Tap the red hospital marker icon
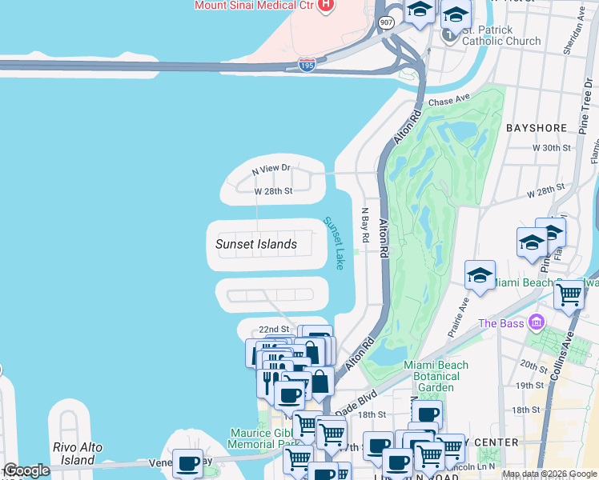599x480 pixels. (325, 6)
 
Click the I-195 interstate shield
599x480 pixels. (307, 65)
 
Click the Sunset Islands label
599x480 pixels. (256, 244)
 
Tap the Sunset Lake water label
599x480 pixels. (334, 242)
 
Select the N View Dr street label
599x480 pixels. (270, 170)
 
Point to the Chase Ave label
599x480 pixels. (448, 102)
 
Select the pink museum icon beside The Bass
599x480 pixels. (536, 323)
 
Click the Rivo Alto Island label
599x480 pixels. (78, 454)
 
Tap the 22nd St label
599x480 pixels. (273, 330)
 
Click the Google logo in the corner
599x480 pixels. (26, 470)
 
